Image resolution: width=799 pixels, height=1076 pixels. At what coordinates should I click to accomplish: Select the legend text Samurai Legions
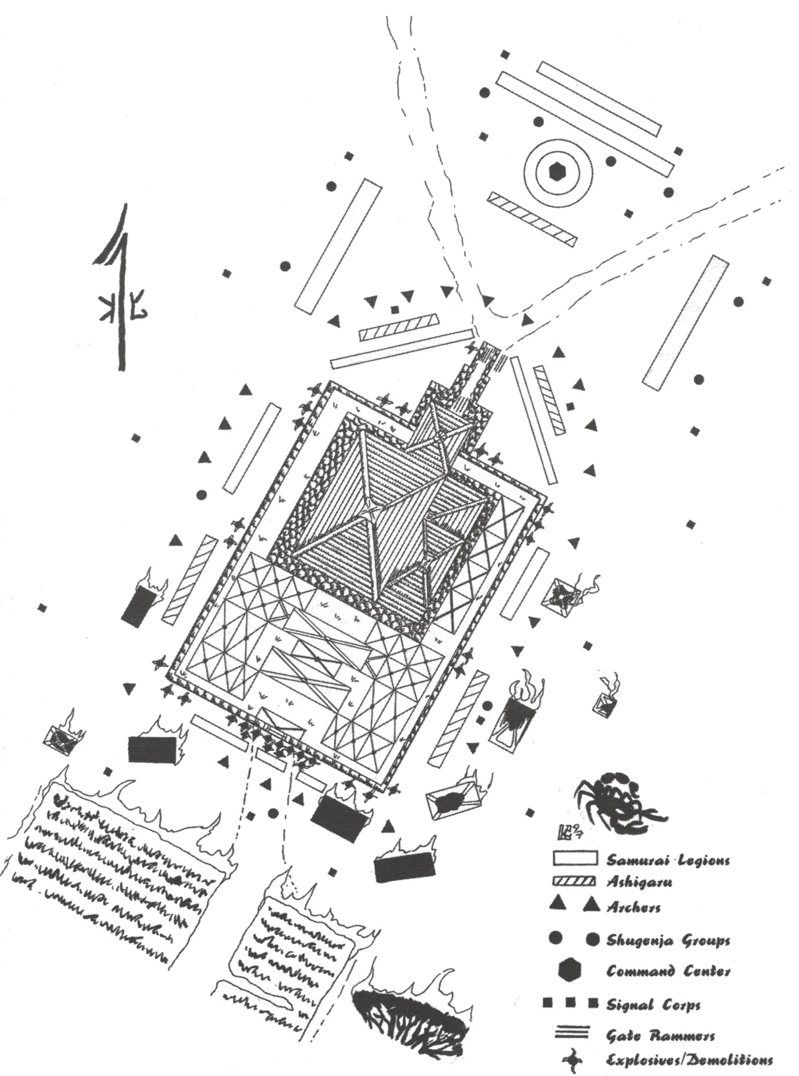[668, 860]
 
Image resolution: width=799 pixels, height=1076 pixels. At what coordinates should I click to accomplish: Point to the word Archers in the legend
[633, 907]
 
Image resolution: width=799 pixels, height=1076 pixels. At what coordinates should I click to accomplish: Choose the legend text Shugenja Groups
[668, 940]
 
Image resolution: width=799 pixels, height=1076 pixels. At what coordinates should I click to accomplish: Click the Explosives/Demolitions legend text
[689, 1060]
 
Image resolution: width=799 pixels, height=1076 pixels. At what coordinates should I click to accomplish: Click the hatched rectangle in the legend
[574, 882]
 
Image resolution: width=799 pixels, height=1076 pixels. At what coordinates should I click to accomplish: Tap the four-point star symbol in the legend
[571, 1059]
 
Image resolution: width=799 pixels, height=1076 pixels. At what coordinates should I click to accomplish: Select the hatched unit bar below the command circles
[531, 218]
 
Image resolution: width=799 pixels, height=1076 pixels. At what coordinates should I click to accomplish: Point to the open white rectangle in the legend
[574, 860]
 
